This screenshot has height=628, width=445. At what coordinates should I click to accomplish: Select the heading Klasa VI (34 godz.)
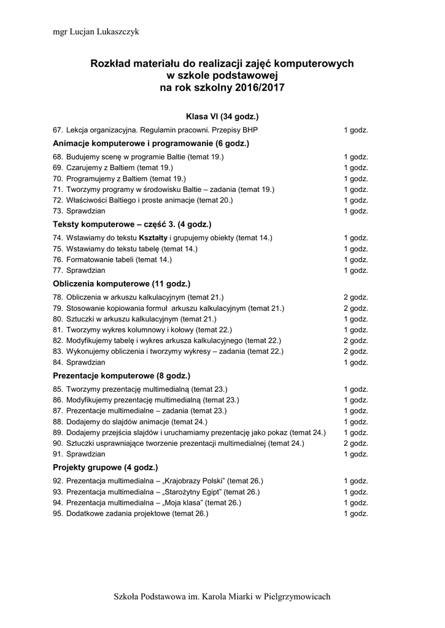[222, 116]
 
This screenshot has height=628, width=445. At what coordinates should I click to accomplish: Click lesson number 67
[58, 131]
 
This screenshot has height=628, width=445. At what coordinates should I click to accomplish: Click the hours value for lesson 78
[355, 297]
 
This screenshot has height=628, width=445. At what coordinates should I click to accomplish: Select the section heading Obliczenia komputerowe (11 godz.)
[122, 284]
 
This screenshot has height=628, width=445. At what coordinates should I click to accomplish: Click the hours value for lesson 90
[355, 443]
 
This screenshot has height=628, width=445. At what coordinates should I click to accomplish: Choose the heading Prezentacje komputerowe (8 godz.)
[122, 375]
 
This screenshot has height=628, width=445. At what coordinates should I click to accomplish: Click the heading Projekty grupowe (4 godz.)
[106, 467]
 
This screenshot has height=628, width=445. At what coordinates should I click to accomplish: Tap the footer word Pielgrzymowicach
[296, 597]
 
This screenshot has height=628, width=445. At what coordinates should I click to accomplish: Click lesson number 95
[58, 514]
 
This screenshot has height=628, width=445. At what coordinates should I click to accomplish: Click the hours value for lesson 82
[355, 340]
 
